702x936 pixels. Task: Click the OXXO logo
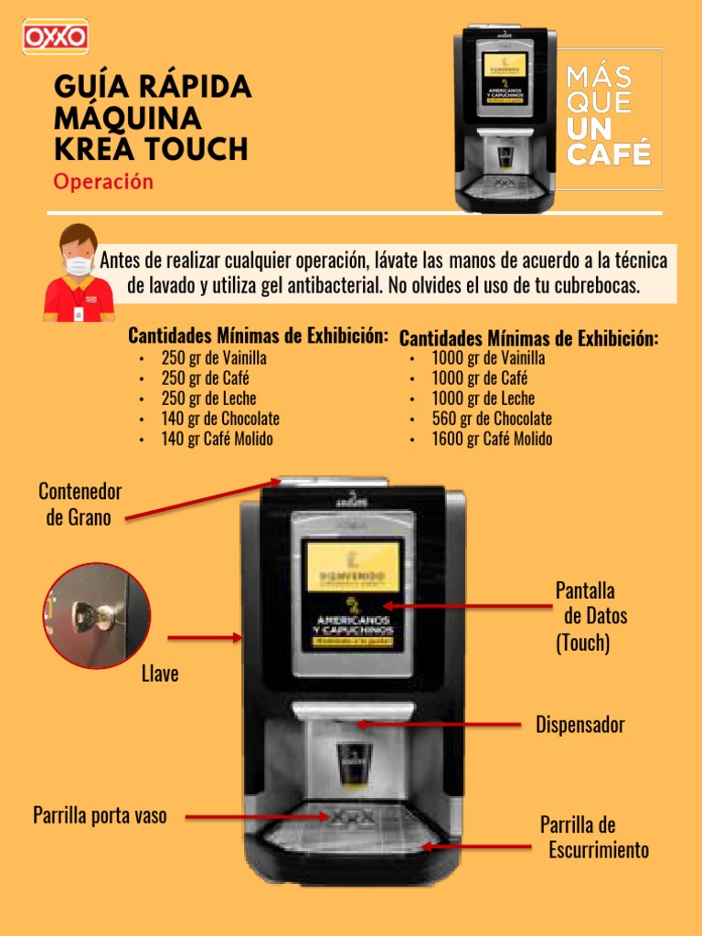[x=55, y=37]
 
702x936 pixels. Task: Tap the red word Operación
[x=103, y=181]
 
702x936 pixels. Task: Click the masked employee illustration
[x=79, y=273]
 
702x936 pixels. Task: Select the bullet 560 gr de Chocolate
[x=491, y=419]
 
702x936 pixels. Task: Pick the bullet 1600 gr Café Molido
[x=491, y=439]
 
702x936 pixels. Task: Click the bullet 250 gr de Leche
[x=208, y=399]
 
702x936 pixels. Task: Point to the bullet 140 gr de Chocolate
[x=219, y=419]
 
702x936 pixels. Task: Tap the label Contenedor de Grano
[x=80, y=505]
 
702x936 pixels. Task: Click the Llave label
[x=160, y=675]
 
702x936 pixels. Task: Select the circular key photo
[x=97, y=615]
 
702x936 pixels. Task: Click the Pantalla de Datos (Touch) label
[x=590, y=616]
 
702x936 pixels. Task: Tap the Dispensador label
[x=580, y=725]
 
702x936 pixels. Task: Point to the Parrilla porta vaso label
[x=100, y=815]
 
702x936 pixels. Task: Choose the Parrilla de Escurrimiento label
[x=593, y=837]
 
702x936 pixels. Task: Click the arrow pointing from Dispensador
[x=441, y=725]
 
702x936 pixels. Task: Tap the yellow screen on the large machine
[x=352, y=569]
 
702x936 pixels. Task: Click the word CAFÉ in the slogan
[x=609, y=153]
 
